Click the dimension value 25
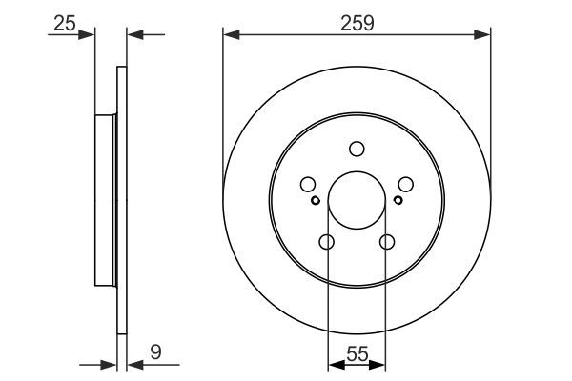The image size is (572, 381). pyautogui.click(x=65, y=24)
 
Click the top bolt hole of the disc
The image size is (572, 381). pyautogui.click(x=357, y=149)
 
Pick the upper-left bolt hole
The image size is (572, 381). pyautogui.click(x=308, y=185)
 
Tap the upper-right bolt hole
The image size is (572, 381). pyautogui.click(x=405, y=185)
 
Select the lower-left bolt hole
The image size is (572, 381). pyautogui.click(x=326, y=242)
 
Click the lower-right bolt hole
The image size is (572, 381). pyautogui.click(x=387, y=242)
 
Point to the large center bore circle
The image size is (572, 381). pyautogui.click(x=357, y=201)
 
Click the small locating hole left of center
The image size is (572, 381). pyautogui.click(x=316, y=200)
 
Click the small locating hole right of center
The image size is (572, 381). pyautogui.click(x=398, y=200)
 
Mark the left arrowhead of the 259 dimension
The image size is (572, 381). pyautogui.click(x=229, y=35)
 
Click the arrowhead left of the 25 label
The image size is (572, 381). pyautogui.click(x=91, y=35)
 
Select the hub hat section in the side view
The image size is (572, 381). pyautogui.click(x=106, y=201)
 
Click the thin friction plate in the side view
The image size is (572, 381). pyautogui.click(x=121, y=200)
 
